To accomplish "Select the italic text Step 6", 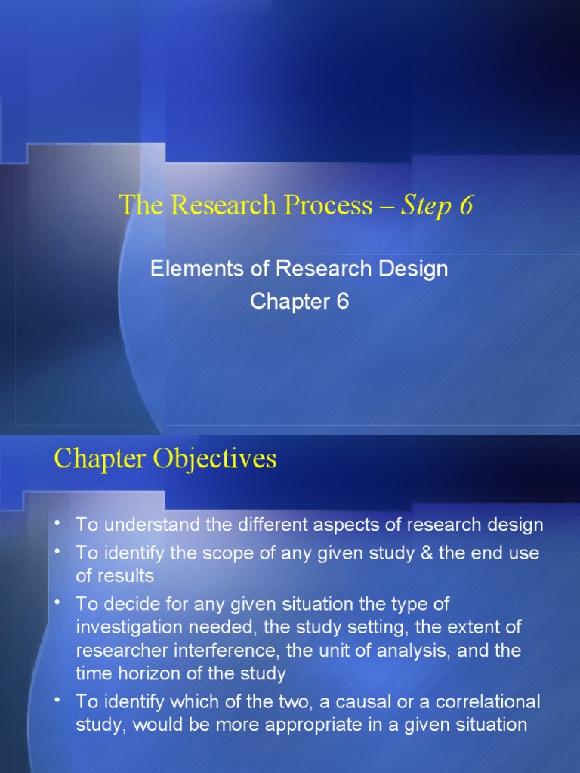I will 437,206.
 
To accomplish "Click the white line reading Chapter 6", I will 299,302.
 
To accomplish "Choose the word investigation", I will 124,627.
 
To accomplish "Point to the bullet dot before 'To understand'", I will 59,522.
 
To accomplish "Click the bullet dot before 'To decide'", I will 59,602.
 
